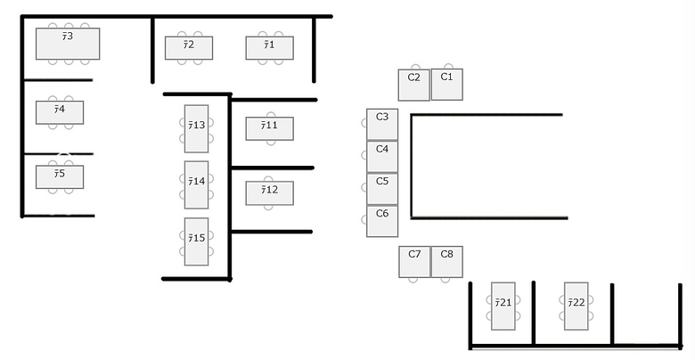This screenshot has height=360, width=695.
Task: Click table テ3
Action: click(x=68, y=44)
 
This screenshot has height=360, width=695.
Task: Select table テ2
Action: click(x=189, y=48)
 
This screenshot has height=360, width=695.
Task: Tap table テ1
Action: click(x=269, y=48)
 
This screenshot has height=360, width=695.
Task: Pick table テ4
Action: click(x=60, y=112)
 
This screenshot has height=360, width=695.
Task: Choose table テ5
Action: click(x=60, y=177)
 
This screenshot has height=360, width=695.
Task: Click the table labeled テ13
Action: click(x=196, y=128)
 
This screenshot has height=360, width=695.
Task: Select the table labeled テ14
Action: click(x=196, y=184)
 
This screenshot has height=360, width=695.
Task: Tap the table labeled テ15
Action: click(x=196, y=241)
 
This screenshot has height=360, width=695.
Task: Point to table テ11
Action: click(x=269, y=128)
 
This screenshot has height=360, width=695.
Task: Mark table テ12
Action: click(x=269, y=192)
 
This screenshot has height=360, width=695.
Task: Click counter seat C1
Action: click(x=446, y=85)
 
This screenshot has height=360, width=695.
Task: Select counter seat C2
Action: click(x=414, y=85)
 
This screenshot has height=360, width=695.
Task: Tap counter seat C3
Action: click(x=382, y=124)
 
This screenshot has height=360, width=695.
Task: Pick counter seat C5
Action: click(x=382, y=189)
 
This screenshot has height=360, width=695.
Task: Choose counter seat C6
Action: click(x=382, y=221)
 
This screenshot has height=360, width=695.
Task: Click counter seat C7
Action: click(x=414, y=262)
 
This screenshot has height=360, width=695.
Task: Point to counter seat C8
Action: click(x=446, y=262)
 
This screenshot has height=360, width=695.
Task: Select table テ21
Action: click(x=503, y=307)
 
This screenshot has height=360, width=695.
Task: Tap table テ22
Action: click(x=576, y=307)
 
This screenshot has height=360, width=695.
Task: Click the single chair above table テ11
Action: click(x=271, y=114)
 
